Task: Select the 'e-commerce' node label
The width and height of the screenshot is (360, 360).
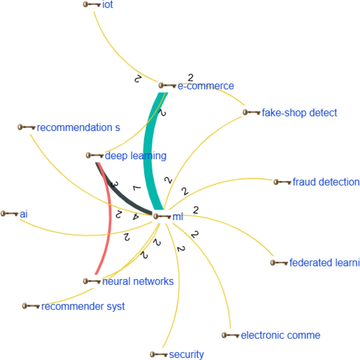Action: (x=206, y=86)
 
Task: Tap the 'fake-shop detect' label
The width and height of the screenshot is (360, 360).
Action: (x=299, y=113)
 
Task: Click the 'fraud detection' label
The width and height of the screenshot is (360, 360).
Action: (x=326, y=182)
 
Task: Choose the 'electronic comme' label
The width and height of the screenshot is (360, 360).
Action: (x=281, y=335)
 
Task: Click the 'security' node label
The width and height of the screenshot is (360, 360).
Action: (x=186, y=355)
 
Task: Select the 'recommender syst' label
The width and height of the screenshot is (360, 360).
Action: (x=83, y=306)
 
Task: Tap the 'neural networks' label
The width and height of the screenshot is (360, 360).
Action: (x=138, y=281)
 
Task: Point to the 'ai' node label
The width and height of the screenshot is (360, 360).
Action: (x=24, y=214)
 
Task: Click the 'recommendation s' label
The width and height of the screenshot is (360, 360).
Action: (x=78, y=127)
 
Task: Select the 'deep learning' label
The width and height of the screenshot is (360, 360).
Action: (x=136, y=156)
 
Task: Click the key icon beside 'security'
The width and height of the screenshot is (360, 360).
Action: (x=159, y=355)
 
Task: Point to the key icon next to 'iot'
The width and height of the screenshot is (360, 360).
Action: (x=91, y=5)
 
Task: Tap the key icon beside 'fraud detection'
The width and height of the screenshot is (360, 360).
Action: (x=282, y=182)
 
